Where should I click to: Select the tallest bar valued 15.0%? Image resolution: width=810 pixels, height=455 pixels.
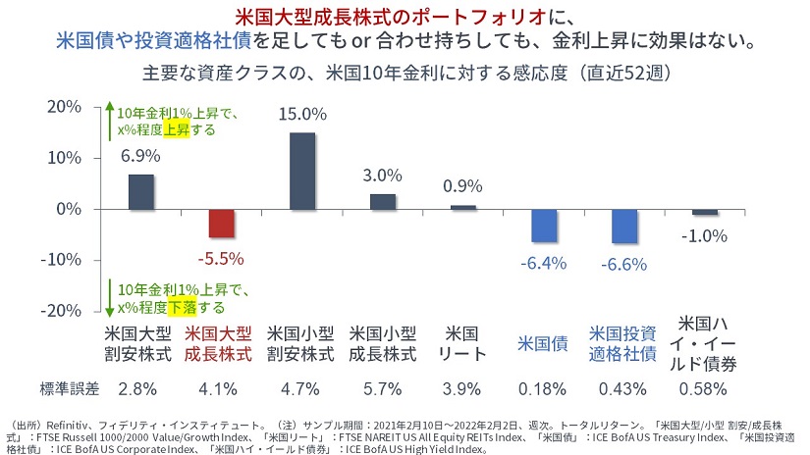click(x=302, y=171)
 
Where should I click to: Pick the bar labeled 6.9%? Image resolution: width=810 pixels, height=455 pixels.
click(x=141, y=191)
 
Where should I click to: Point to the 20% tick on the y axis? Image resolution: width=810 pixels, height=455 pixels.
click(x=64, y=107)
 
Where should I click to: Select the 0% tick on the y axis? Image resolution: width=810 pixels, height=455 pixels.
click(x=69, y=209)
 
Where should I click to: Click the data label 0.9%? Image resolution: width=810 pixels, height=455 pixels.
click(x=462, y=186)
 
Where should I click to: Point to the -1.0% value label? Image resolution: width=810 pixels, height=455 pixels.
click(x=705, y=235)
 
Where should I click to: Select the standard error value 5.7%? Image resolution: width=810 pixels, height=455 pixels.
click(x=382, y=389)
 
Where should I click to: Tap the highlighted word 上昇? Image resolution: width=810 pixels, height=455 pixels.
click(x=177, y=129)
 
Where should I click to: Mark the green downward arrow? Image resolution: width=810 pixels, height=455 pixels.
click(x=110, y=297)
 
